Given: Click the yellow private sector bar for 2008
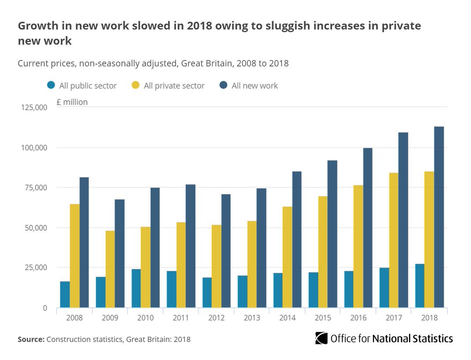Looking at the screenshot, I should pyautogui.click(x=75, y=256).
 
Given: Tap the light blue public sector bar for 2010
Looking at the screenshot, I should pyautogui.click(x=136, y=288).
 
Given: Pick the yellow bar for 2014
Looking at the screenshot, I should pyautogui.click(x=287, y=257).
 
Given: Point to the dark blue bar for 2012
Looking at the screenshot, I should pyautogui.click(x=226, y=251).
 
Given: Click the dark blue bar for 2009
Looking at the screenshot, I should pyautogui.click(x=119, y=254).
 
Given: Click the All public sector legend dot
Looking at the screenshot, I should pyautogui.click(x=51, y=85).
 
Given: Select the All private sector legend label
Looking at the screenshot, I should pyautogui.click(x=174, y=86).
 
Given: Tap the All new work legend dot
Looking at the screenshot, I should pyautogui.click(x=223, y=85).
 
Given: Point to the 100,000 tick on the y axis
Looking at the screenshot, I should pyautogui.click(x=34, y=148).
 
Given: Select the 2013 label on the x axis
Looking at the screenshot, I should pyautogui.click(x=252, y=317).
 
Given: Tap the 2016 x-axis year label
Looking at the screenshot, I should pyautogui.click(x=358, y=317).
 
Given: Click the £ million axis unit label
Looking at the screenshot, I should pyautogui.click(x=72, y=102).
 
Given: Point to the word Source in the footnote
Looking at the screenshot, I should pyautogui.click(x=31, y=339).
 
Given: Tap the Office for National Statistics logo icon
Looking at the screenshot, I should pyautogui.click(x=321, y=338).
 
